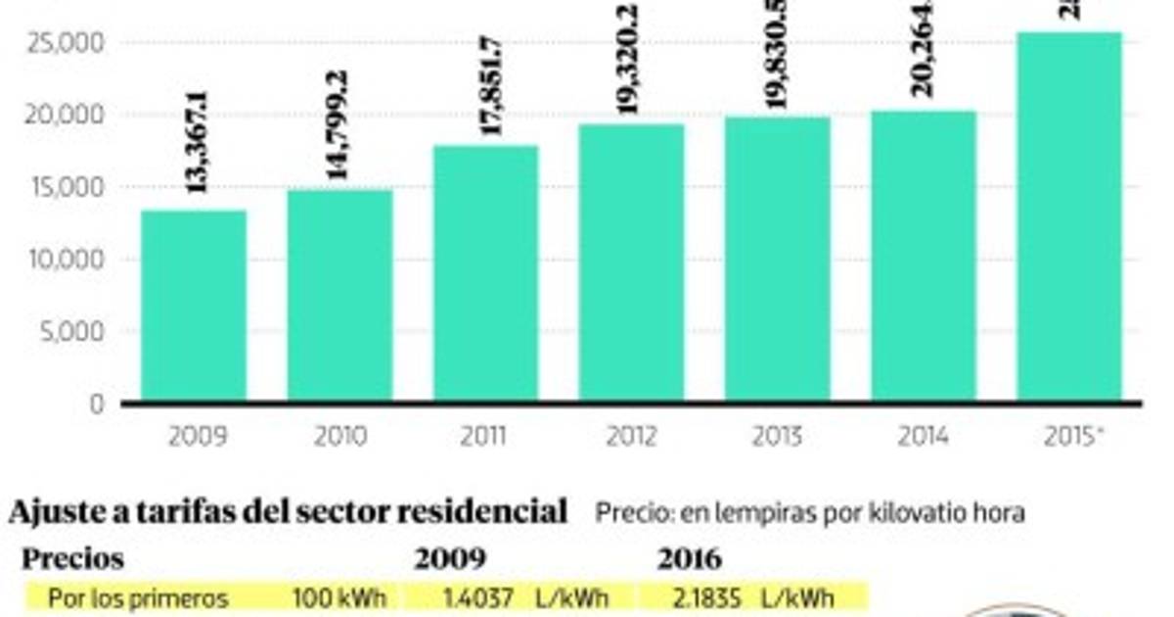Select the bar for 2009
[194, 306]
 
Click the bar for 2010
[339, 295]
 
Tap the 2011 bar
[486, 273]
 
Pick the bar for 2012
[632, 262]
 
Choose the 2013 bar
[778, 260]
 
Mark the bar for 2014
[924, 257]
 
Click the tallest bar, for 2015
[1069, 216]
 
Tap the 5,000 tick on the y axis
[71, 332]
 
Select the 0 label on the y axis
[96, 403]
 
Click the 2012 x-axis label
[632, 436]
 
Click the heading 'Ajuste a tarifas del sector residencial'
[288, 510]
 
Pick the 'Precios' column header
[73, 559]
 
